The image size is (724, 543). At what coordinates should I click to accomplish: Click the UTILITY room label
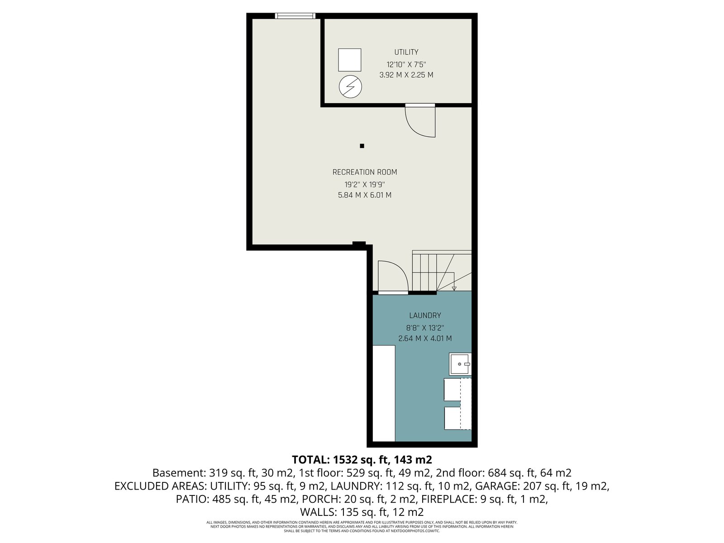coord(406,52)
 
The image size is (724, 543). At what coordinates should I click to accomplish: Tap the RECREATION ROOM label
coord(364,172)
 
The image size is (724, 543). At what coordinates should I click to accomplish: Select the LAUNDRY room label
coord(425,315)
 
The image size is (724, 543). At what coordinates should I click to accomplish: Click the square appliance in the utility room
coord(350,60)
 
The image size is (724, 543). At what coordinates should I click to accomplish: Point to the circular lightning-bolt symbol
coord(350,87)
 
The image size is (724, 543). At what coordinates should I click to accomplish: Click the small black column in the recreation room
coord(362,146)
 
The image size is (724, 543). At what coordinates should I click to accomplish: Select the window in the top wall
coord(295,16)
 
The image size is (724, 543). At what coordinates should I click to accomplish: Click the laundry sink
coord(460,364)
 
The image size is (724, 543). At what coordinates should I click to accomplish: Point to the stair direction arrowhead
coord(454,289)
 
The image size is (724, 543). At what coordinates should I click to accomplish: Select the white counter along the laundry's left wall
coord(384,393)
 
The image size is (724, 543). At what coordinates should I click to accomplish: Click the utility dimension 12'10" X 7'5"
coord(406,65)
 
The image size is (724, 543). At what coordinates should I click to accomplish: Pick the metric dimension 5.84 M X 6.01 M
coord(364,195)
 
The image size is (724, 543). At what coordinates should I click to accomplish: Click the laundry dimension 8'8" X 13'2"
coord(425,328)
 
